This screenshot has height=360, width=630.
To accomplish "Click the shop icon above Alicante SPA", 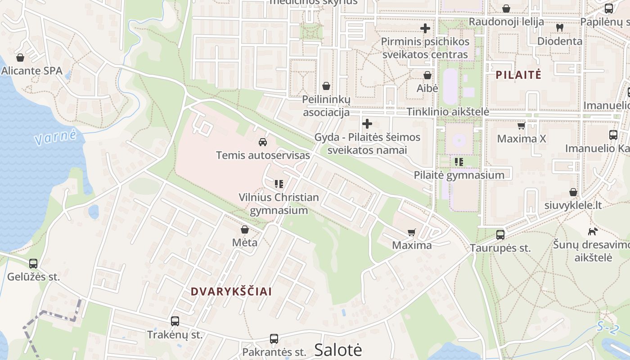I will tap(20, 58).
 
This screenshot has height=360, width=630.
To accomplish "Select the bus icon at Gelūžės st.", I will tap(33, 264).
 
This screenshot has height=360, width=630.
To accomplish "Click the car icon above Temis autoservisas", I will tap(263, 142).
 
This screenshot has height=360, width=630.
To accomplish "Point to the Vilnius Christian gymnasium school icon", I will tap(279, 184).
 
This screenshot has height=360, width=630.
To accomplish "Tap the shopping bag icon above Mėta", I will tap(245, 230).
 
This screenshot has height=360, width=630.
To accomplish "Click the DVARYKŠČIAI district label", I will tap(231, 292).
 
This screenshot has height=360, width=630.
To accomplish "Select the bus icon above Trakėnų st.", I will tap(175, 321).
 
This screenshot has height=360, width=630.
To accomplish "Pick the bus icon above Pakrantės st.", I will tap(274, 339).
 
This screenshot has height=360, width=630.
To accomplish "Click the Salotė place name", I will tap(338, 350).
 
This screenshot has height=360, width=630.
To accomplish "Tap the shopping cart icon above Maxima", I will tap(411, 232).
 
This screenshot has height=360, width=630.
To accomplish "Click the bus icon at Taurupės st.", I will tap(500, 234).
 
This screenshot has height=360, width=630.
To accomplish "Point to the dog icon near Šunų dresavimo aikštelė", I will tap(593, 231).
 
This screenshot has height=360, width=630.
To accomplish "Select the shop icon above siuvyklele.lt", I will tap(573, 192).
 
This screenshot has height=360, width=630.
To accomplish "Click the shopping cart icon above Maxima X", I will tap(522, 126).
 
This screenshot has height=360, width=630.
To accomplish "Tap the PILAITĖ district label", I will tap(518, 75).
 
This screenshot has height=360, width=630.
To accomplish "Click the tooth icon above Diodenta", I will tap(560, 27).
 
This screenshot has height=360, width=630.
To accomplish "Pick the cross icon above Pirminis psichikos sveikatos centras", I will tap(425, 28).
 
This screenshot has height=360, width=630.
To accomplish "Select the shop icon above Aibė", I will tap(427, 75).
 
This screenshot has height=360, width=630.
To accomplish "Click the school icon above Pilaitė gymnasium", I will tap(459, 162).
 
